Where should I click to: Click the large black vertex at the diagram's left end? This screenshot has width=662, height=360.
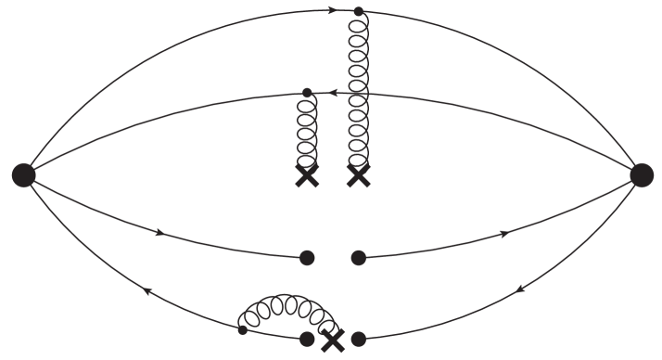tap(23, 174)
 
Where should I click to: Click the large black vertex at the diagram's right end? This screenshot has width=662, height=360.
tap(641, 174)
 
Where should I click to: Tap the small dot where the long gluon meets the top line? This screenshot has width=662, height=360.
tap(359, 12)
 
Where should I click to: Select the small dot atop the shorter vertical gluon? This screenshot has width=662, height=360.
tap(307, 92)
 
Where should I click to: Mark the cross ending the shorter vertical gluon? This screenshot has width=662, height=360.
tap(307, 175)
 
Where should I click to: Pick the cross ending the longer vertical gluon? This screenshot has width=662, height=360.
tap(359, 175)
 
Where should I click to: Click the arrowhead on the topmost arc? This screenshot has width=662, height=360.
tap(333, 11)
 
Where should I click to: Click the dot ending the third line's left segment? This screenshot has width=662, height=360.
tap(307, 257)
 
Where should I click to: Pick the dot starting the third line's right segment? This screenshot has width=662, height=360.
tap(359, 257)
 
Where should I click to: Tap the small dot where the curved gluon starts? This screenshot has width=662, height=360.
tap(242, 329)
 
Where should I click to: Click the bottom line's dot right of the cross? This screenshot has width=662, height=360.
tap(359, 340)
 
